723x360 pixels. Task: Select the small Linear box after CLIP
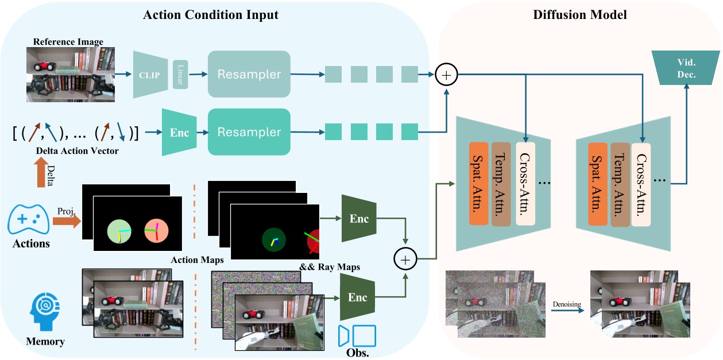(180, 75)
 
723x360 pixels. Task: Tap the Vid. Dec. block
(686, 69)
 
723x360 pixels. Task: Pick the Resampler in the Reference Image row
(249, 74)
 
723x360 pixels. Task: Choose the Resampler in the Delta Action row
(249, 131)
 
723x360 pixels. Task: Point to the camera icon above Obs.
(357, 336)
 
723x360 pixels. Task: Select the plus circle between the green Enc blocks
(405, 260)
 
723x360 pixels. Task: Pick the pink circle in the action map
(156, 230)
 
